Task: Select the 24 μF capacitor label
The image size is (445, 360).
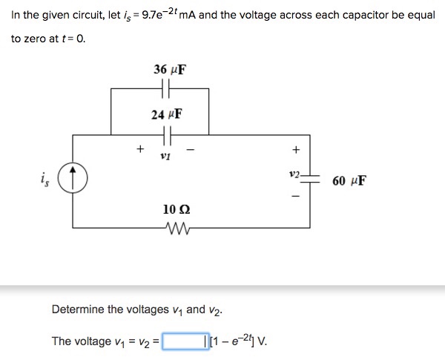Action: pos(166,115)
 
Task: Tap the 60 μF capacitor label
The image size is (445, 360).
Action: pos(349,180)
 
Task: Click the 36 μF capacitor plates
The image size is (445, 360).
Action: pos(166,89)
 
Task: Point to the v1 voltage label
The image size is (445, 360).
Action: pos(165,157)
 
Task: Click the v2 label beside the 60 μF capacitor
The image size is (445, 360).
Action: pos(294,175)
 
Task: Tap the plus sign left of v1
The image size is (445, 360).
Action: pos(139,148)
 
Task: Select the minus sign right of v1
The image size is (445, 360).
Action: pos(191,148)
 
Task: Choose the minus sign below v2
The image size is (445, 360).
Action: pos(295,198)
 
